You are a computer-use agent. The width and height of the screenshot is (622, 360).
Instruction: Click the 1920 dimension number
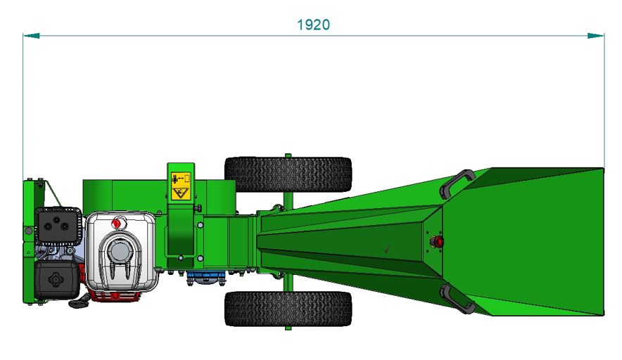[313, 25]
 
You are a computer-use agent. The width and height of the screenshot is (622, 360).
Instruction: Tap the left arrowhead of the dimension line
[32, 36]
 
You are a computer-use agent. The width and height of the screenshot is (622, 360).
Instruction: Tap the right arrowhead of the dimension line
[596, 36]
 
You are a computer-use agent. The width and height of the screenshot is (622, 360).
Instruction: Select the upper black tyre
[288, 174]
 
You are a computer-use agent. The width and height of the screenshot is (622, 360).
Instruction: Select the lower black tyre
[288, 309]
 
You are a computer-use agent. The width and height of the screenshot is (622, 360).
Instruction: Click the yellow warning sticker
[181, 186]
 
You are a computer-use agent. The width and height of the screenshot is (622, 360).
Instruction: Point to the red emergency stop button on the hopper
[436, 241]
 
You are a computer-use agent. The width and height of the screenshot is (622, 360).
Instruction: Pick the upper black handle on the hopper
[456, 184]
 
